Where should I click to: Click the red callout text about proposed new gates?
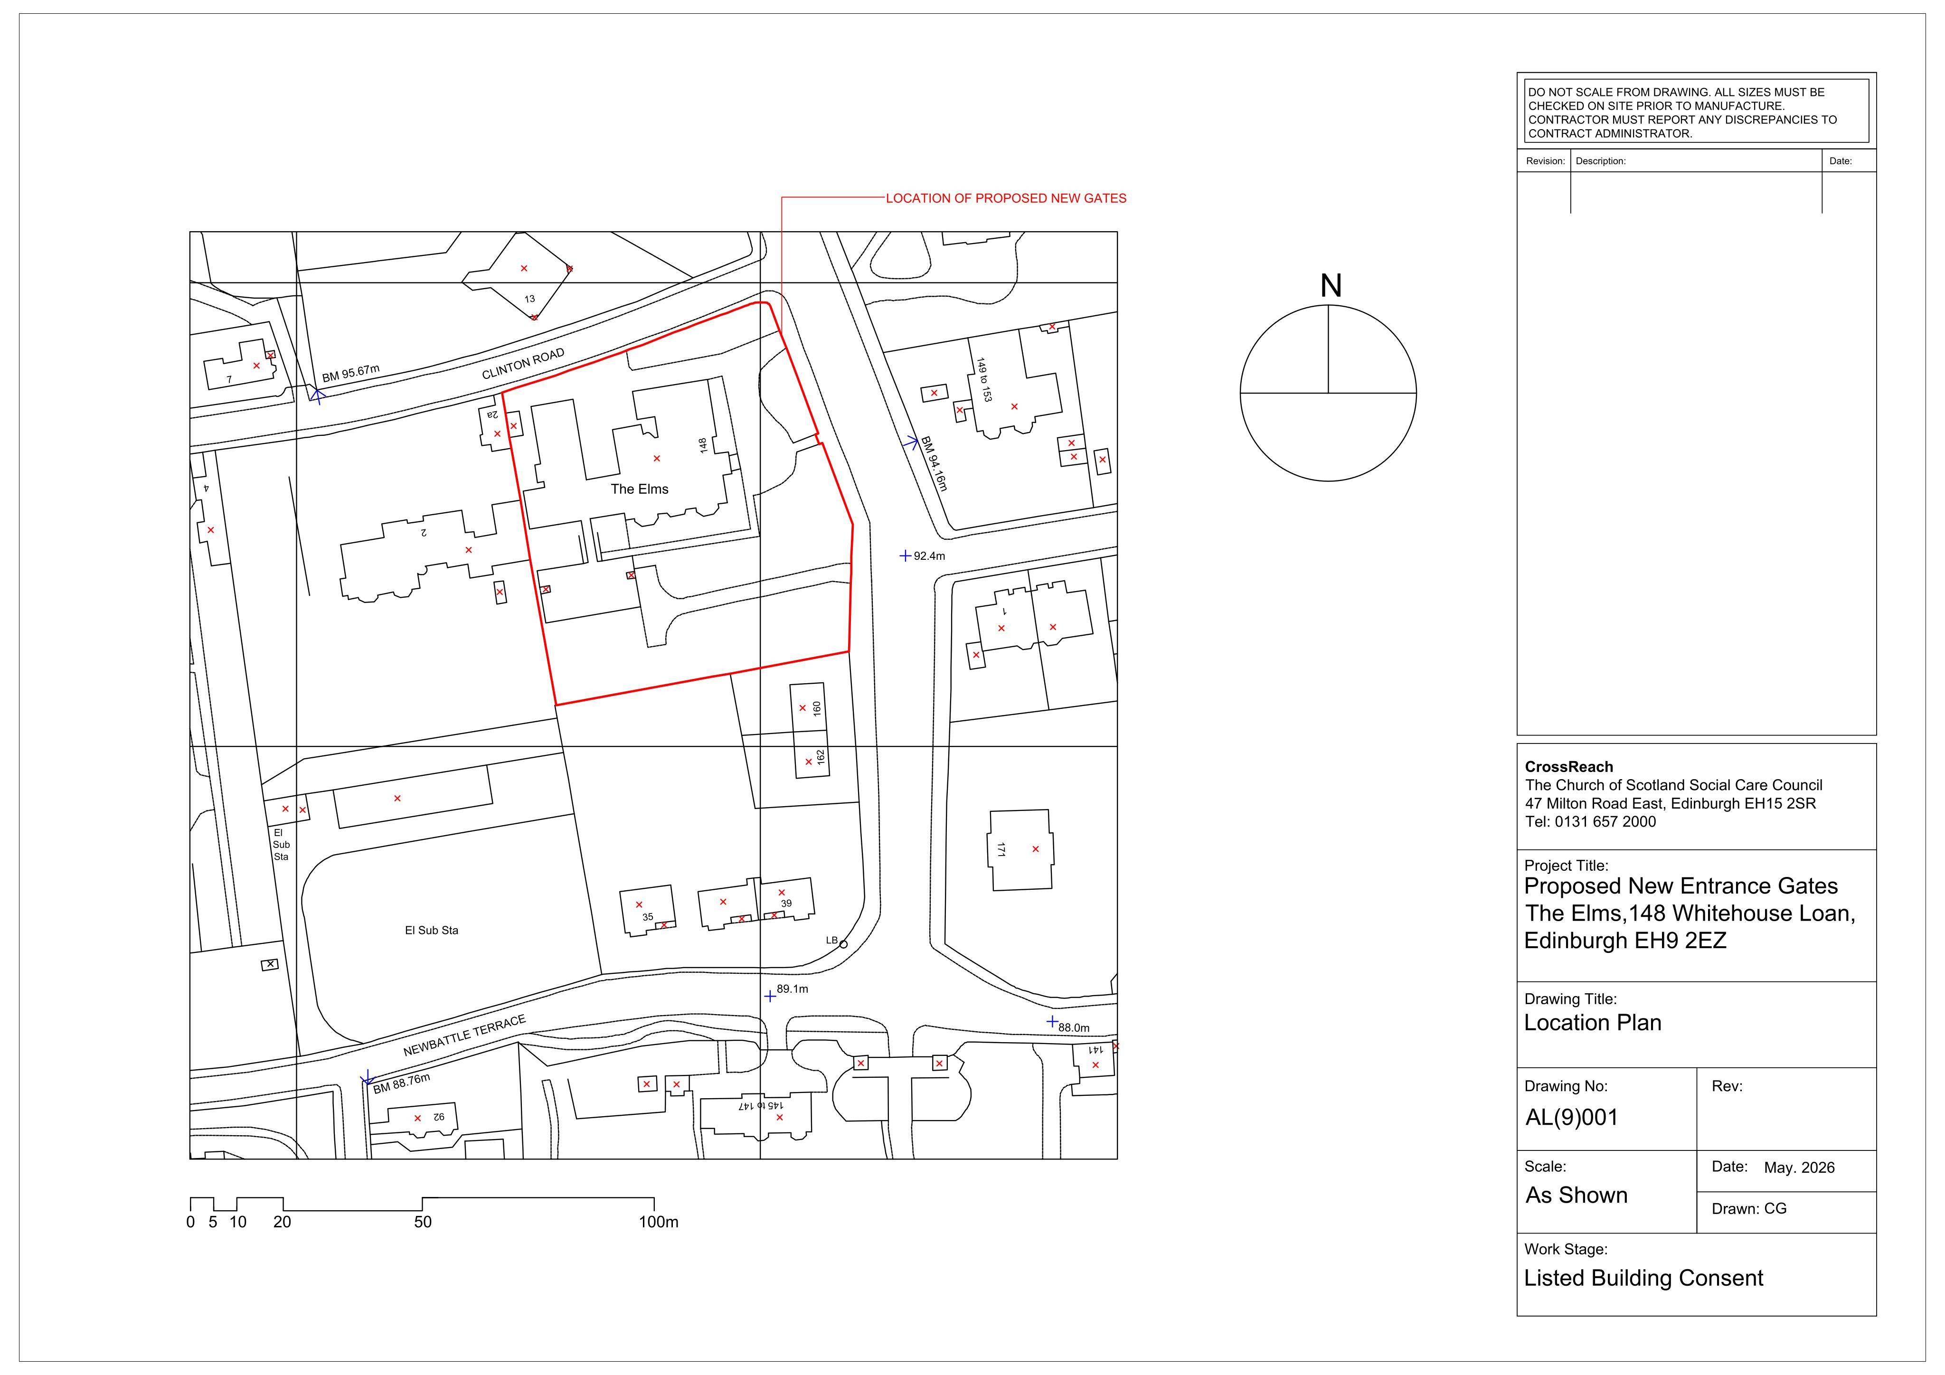pyautogui.click(x=1006, y=198)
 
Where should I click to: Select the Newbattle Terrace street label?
pyautogui.click(x=464, y=1035)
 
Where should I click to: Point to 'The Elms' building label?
pyautogui.click(x=640, y=489)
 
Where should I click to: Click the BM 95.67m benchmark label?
pyautogui.click(x=351, y=374)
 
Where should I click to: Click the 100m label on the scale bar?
pyautogui.click(x=658, y=1222)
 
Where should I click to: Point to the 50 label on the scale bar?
pyautogui.click(x=423, y=1222)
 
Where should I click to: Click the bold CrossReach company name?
pyautogui.click(x=1569, y=767)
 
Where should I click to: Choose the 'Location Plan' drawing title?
pyautogui.click(x=1593, y=1023)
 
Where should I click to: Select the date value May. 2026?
pyautogui.click(x=1799, y=1168)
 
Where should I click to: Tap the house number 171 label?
pyautogui.click(x=1001, y=849)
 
